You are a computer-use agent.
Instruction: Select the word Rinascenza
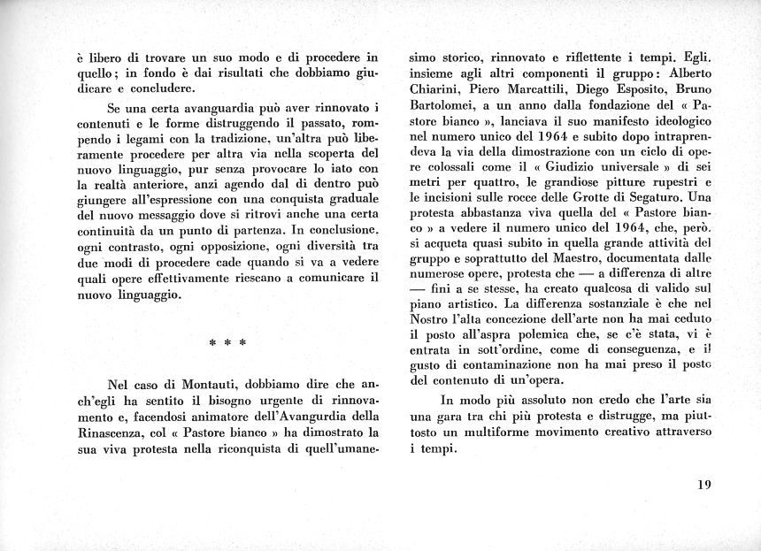113,433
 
